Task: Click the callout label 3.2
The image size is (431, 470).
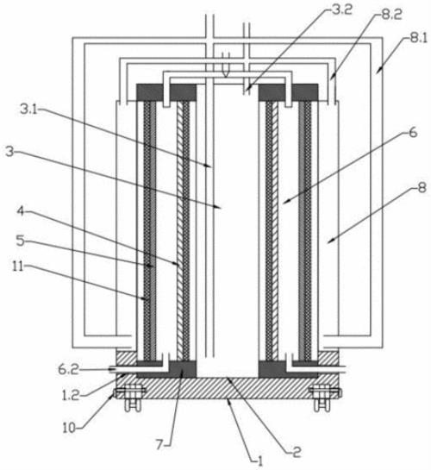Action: click(342, 9)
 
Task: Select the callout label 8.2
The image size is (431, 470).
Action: click(391, 14)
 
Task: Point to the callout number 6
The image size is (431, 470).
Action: click(413, 132)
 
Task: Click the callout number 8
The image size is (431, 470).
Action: click(422, 188)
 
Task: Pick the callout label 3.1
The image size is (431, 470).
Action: click(28, 110)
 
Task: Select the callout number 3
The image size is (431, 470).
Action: click(9, 152)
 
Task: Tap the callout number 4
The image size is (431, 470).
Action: click(21, 211)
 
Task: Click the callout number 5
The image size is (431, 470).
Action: click(20, 240)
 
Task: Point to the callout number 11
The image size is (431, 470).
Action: click(18, 266)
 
